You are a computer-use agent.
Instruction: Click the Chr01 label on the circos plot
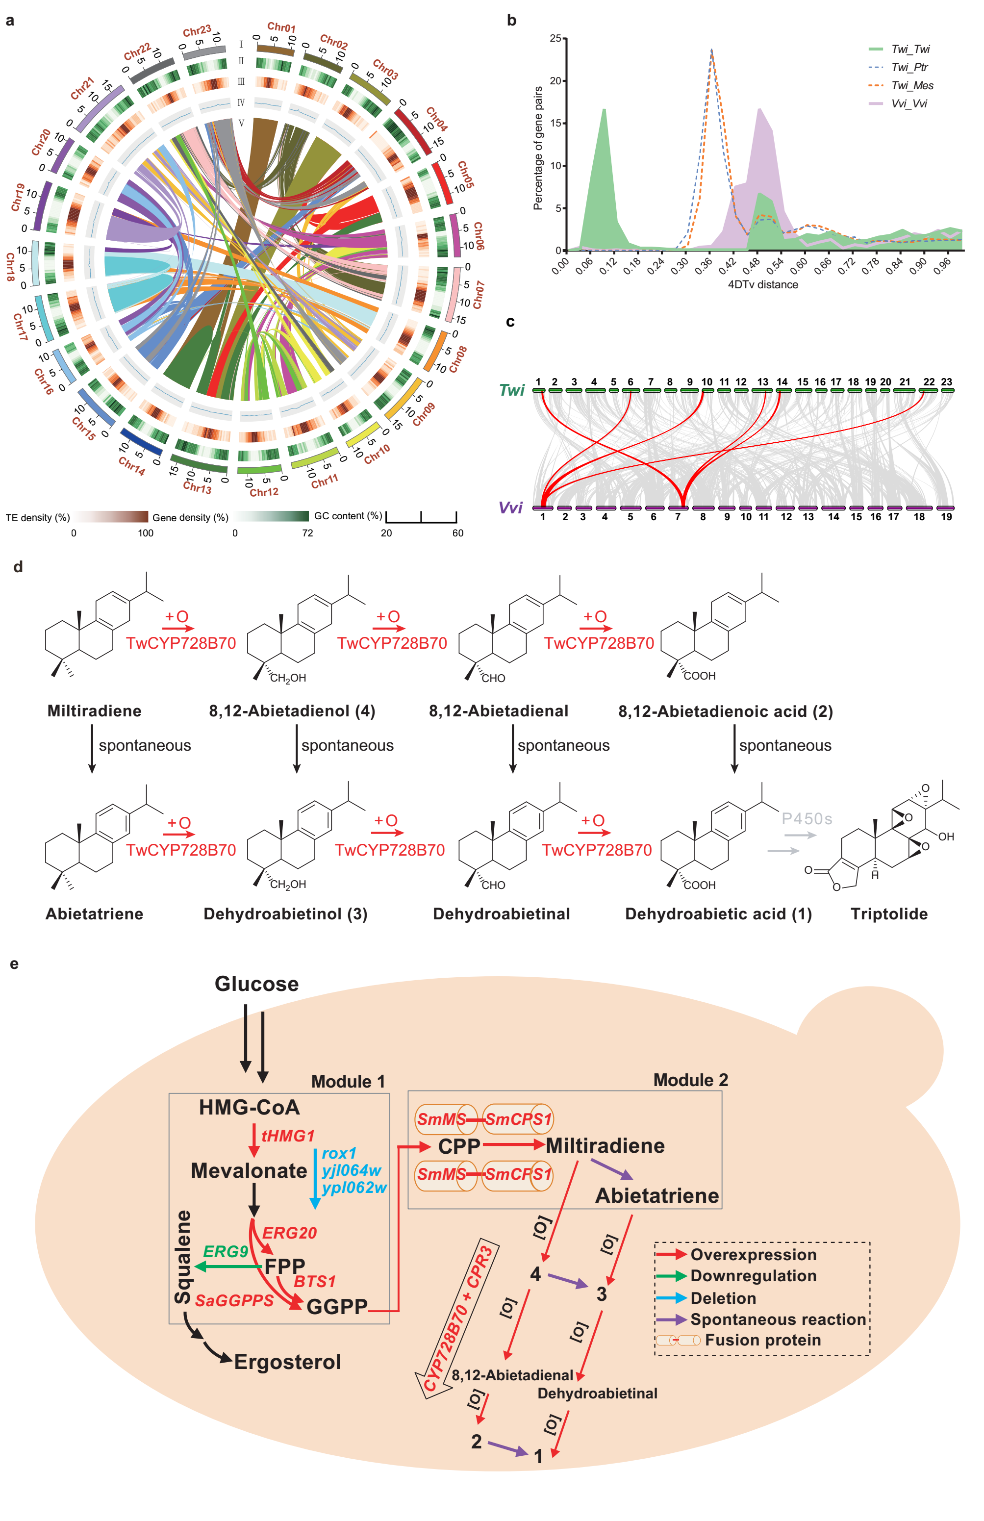pyautogui.click(x=281, y=27)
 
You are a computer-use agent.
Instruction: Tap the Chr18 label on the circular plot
pyautogui.click(x=10, y=267)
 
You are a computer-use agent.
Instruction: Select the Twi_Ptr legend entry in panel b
pyautogui.click(x=909, y=67)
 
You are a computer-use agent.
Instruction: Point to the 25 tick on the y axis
pyautogui.click(x=555, y=38)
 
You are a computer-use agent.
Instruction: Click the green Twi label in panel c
pyautogui.click(x=512, y=390)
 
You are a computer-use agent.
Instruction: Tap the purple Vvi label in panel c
pyautogui.click(x=510, y=507)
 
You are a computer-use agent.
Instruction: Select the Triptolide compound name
pyautogui.click(x=889, y=914)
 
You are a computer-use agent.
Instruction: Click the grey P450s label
pyautogui.click(x=807, y=819)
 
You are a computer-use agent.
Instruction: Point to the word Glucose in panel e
pyautogui.click(x=256, y=984)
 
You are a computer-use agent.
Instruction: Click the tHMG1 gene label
pyautogui.click(x=288, y=1136)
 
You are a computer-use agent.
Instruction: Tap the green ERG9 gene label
pyautogui.click(x=226, y=1251)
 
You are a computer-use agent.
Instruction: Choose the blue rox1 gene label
pyautogui.click(x=339, y=1154)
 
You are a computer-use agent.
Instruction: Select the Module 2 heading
pyautogui.click(x=690, y=1080)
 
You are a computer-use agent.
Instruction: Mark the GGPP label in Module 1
pyautogui.click(x=337, y=1307)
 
